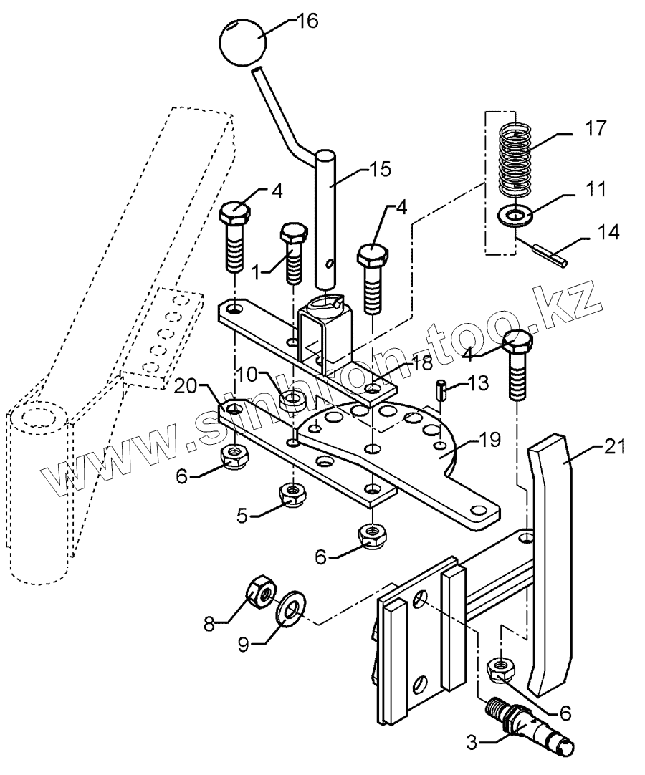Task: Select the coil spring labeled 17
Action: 515,160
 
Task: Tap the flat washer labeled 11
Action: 515,216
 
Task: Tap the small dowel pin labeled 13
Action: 441,390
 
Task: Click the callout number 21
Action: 615,447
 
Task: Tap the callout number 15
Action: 380,170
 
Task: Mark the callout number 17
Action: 595,128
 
